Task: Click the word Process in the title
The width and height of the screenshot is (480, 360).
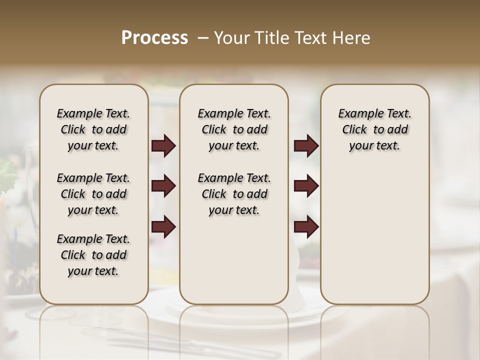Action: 154,38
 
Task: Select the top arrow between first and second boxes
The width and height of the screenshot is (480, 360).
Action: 163,146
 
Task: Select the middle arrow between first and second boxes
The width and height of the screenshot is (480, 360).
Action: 163,186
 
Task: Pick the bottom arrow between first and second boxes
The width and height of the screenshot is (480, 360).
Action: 163,227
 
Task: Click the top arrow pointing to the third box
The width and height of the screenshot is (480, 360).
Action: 306,146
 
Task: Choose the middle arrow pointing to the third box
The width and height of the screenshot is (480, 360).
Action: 306,186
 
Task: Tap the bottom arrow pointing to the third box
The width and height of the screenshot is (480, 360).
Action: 306,227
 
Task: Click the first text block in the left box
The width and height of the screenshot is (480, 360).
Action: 93,129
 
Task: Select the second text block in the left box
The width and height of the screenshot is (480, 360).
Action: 93,194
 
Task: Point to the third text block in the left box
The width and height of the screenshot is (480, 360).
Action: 93,255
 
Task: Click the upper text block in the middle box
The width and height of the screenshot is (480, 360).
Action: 234,129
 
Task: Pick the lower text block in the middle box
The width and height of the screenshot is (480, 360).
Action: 234,194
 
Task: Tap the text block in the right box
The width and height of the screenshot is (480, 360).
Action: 374,129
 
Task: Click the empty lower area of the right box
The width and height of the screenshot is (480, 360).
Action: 374,235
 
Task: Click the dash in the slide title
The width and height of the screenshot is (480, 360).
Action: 203,38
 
